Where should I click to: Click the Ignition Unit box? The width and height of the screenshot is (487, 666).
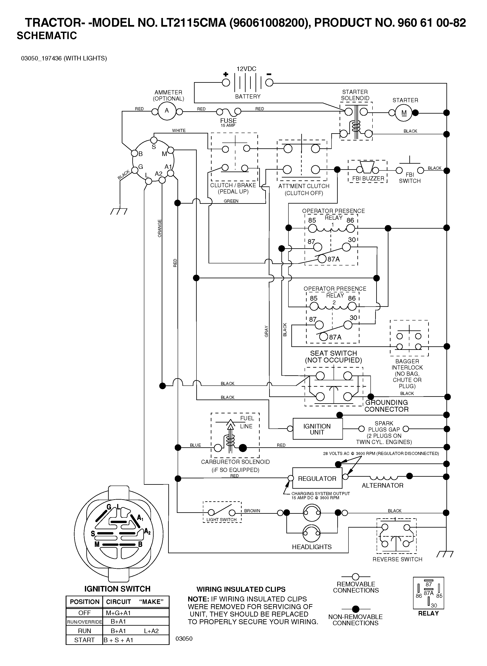pos(317,429)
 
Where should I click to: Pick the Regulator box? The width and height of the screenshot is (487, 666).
pos(317,478)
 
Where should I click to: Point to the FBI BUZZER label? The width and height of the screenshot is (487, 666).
pos(368,179)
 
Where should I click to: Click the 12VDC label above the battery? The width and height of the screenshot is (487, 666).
pos(246,69)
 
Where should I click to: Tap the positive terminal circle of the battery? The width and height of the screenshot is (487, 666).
pos(226,83)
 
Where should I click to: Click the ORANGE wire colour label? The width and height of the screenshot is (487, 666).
pos(159,228)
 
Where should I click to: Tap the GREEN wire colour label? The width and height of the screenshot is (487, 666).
pos(231,201)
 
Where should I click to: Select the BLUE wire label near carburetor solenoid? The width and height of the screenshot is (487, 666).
pos(195,445)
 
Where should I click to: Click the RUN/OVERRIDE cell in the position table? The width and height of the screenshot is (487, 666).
pos(84,622)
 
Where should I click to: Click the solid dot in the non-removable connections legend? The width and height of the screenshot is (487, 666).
pos(356,609)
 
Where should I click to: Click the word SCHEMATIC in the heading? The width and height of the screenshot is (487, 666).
pos(47,36)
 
